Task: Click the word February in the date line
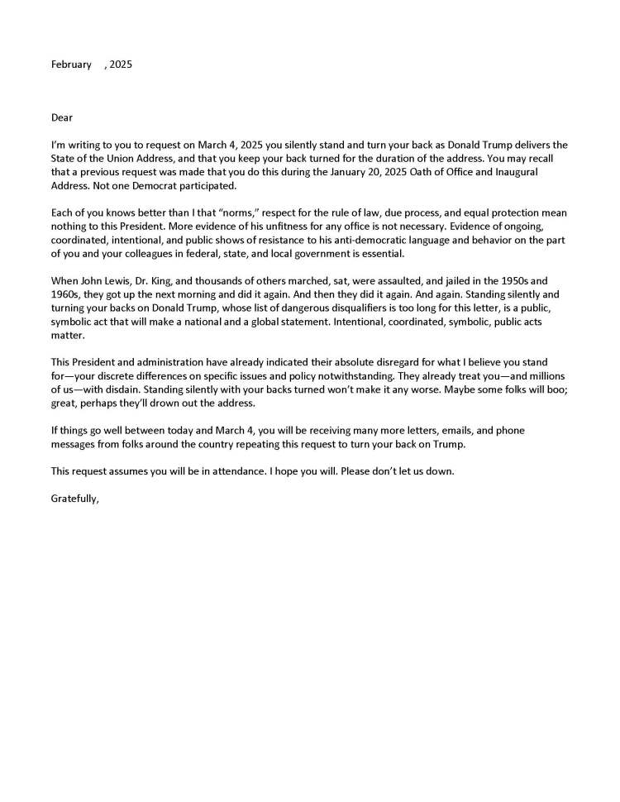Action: point(71,64)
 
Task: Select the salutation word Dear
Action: point(62,117)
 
